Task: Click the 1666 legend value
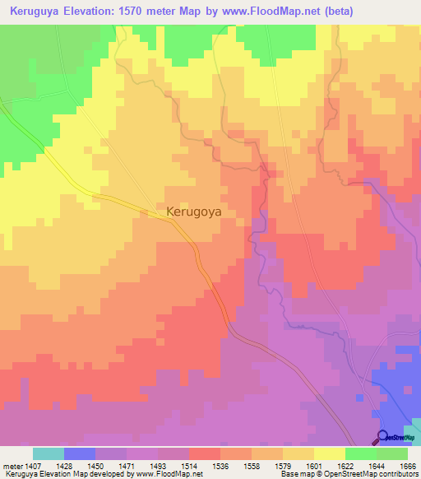pyautogui.click(x=408, y=465)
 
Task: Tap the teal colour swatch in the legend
pyautogui.click(x=49, y=453)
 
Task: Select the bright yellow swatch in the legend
pyautogui.click(x=330, y=453)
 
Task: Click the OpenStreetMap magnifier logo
pyautogui.click(x=383, y=437)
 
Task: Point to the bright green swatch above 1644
pyautogui.click(x=361, y=453)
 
